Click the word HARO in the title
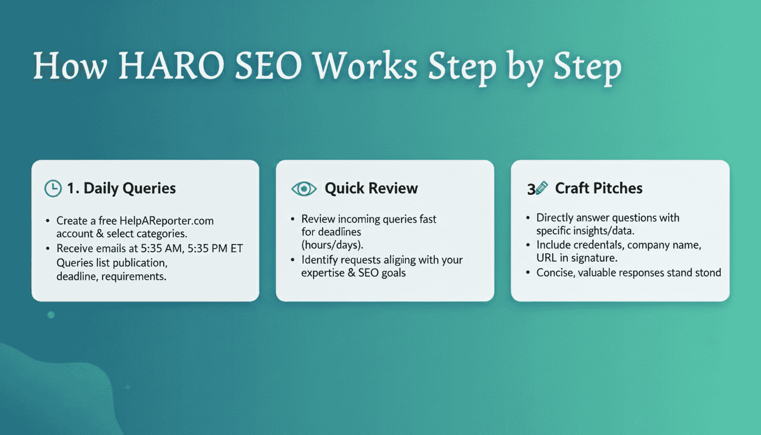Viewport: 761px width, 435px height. click(171, 65)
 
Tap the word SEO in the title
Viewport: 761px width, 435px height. click(268, 65)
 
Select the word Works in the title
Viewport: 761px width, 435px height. click(365, 65)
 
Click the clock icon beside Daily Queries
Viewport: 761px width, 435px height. click(53, 188)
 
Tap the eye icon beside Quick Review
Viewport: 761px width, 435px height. click(304, 189)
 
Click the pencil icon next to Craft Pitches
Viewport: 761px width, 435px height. click(541, 188)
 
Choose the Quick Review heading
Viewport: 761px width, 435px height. click(371, 188)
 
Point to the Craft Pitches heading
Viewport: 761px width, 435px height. click(598, 188)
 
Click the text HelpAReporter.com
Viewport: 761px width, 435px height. click(166, 221)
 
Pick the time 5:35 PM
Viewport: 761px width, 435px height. click(207, 249)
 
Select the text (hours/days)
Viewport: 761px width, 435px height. click(332, 245)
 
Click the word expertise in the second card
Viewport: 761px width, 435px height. click(323, 273)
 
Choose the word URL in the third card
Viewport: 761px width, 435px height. click(546, 258)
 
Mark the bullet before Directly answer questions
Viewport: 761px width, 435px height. click(528, 218)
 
